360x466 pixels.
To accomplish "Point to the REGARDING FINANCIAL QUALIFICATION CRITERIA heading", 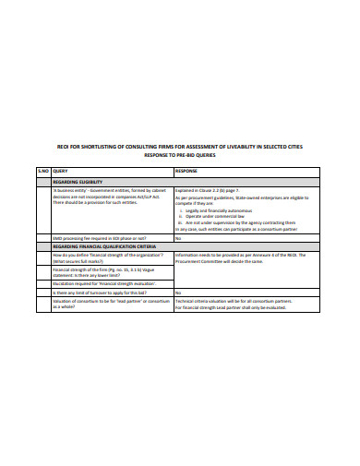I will click(x=104, y=245).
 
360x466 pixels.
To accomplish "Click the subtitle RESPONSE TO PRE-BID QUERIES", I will click(x=178, y=157).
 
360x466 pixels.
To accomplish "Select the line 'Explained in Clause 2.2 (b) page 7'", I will click(x=213, y=192).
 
